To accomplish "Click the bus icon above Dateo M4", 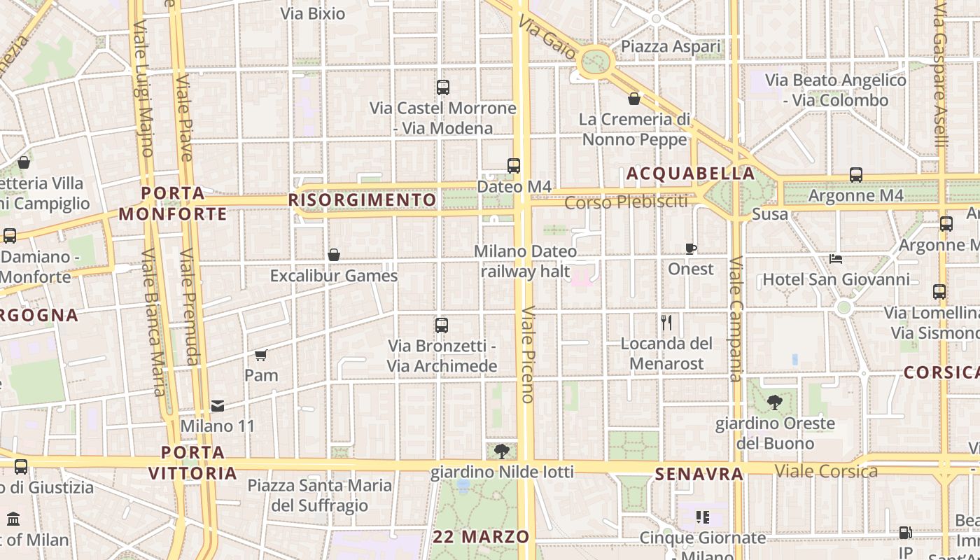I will click(x=514, y=166).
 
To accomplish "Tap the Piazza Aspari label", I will click(x=671, y=47).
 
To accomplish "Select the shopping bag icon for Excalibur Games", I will click(x=334, y=255).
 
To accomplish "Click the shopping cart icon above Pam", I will click(x=261, y=355).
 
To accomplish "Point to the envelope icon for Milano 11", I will click(x=218, y=406).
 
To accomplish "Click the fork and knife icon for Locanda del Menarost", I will click(x=666, y=323).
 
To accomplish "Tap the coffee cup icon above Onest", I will click(x=691, y=248).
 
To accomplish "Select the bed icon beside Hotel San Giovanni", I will click(x=836, y=259).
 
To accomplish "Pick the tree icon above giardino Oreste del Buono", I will click(x=774, y=402).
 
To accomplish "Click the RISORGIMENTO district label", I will click(x=363, y=200).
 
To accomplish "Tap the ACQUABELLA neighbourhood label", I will click(x=691, y=174).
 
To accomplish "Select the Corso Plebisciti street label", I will click(x=626, y=203).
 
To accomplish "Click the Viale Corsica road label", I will click(x=826, y=470).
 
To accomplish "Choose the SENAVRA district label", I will click(x=699, y=475).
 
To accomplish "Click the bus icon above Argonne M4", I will click(x=855, y=175).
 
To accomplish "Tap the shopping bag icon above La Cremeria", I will click(x=634, y=99).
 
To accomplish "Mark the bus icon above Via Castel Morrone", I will click(x=442, y=87).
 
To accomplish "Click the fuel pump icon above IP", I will click(x=905, y=533).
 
